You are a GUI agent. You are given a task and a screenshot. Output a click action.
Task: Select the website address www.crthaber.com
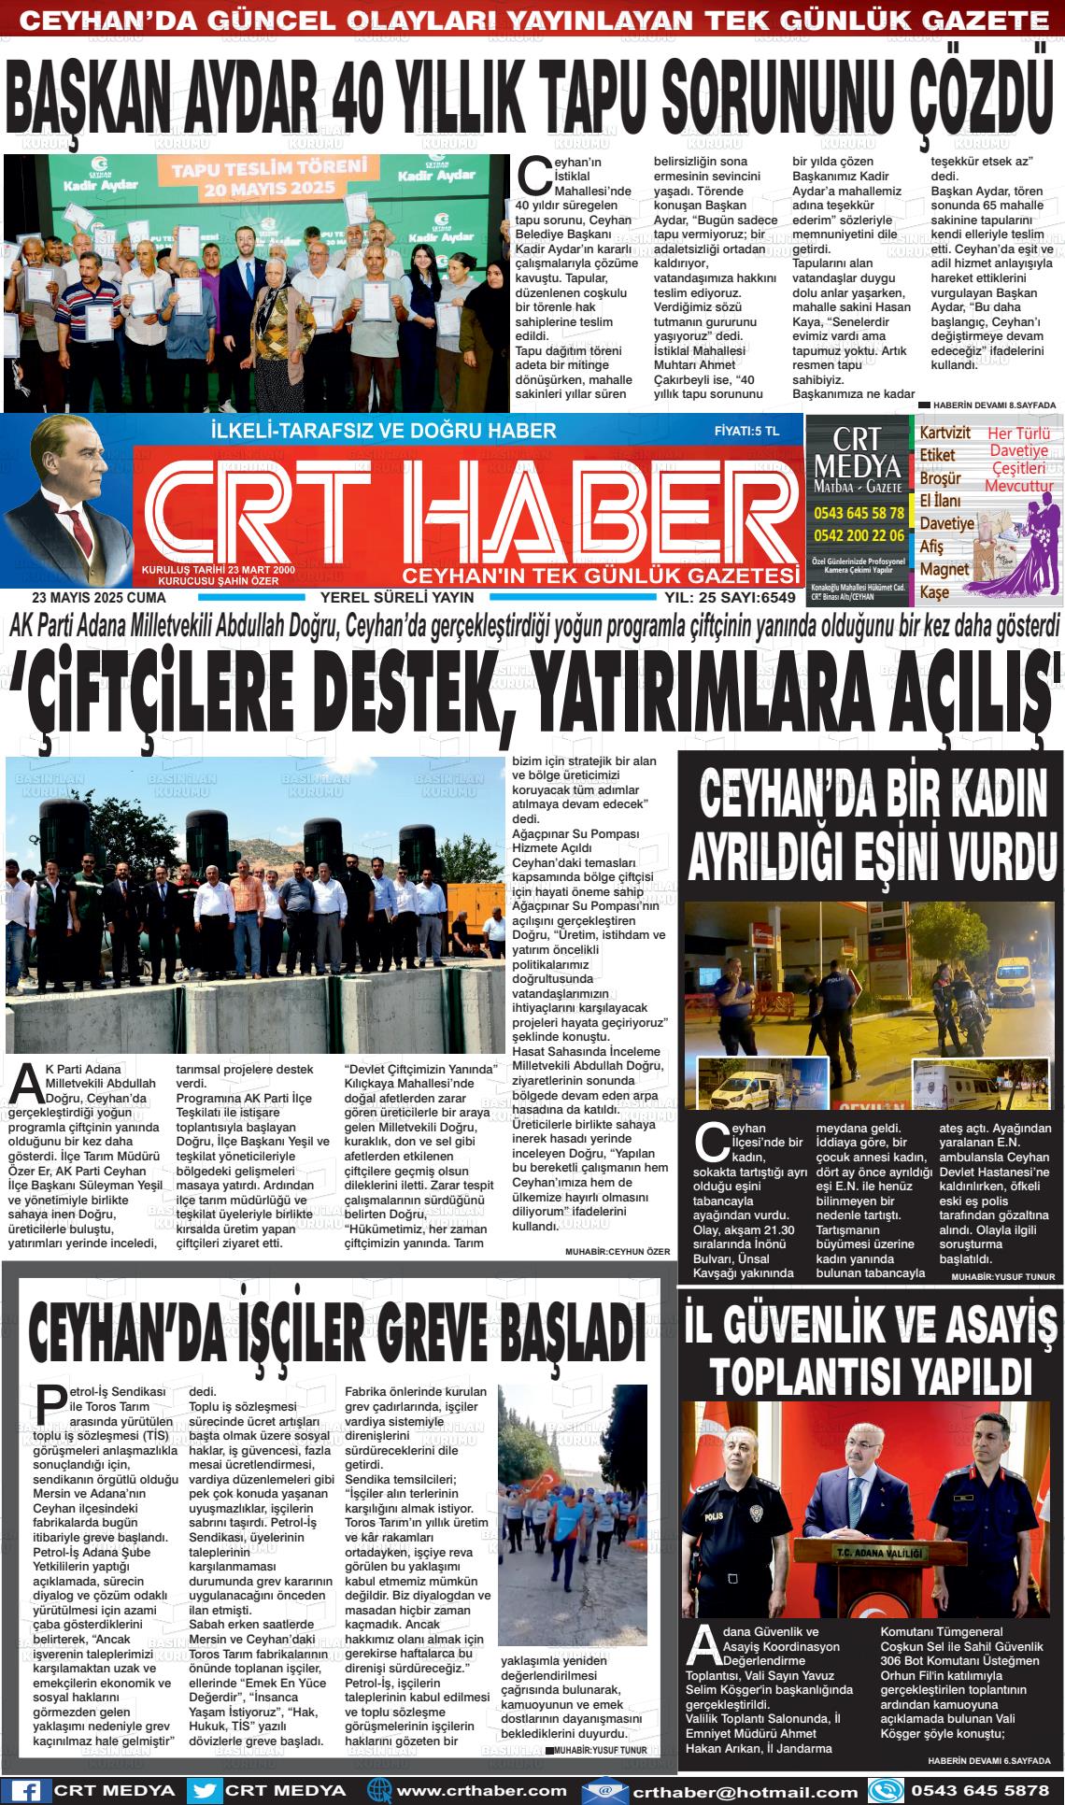pos(482,1790)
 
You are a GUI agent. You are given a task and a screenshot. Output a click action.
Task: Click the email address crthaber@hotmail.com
pos(744,1791)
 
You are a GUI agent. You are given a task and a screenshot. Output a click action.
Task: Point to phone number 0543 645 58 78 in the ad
pos(859,513)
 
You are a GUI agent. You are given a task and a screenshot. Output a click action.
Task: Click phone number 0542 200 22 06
pos(859,535)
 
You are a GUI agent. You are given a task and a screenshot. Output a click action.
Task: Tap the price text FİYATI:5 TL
pos(745,432)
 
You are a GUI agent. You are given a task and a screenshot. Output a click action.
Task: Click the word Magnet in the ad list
pos(944,569)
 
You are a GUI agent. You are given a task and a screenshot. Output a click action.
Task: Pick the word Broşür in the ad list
pos(940,478)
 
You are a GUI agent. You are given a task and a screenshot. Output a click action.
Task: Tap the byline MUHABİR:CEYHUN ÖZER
pos(618,1251)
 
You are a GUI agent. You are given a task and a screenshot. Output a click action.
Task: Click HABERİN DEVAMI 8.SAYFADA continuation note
pos(993,405)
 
